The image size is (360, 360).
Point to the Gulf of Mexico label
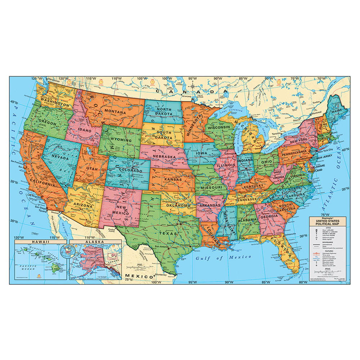(223, 257)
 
